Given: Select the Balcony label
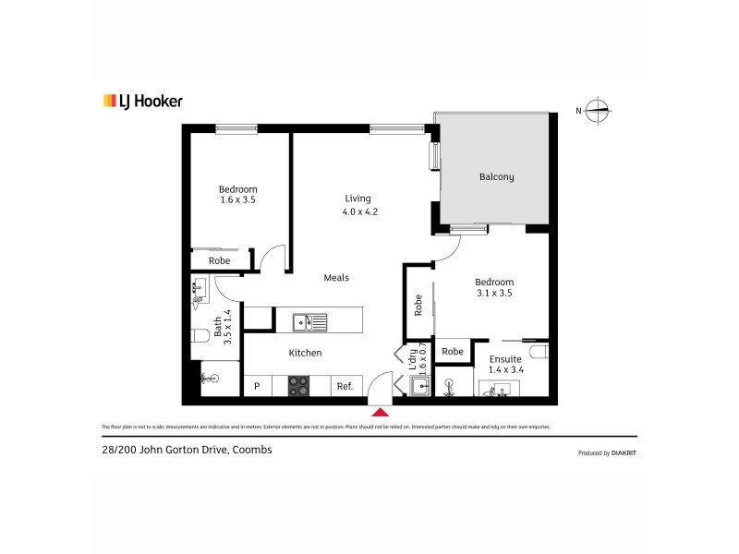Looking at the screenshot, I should point(496,177).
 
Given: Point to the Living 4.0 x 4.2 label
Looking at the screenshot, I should point(358,205).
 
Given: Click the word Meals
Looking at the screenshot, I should point(336,277).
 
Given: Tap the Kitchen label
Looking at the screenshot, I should point(305,353).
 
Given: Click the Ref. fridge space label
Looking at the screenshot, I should point(345,387).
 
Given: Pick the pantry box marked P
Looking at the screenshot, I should point(258,387).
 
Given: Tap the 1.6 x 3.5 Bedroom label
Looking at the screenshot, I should point(237,194).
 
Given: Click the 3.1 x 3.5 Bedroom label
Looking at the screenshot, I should point(493,287).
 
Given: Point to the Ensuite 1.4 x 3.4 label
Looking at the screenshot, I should point(505,364).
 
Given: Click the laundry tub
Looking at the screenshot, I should point(419,386).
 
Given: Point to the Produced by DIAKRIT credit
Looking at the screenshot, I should point(606,452).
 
